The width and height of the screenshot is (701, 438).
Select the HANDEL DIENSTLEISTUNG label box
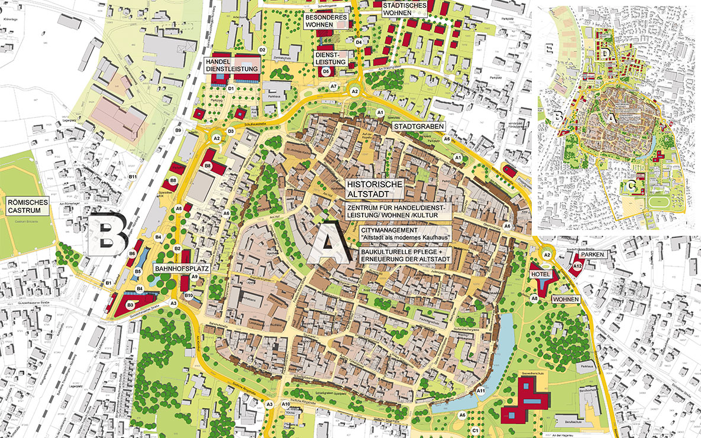click(232, 65)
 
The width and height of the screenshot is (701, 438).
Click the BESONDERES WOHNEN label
click(324, 22)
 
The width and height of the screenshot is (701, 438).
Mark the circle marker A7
click(334, 87)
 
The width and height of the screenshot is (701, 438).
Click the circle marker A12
click(577, 268)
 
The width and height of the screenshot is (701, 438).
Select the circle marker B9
click(177, 130)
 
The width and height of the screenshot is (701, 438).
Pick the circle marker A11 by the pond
click(481, 391)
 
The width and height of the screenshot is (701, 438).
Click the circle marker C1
click(474, 431)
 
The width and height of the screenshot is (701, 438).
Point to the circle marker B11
click(133, 177)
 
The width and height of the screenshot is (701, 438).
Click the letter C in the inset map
click(632, 187)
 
